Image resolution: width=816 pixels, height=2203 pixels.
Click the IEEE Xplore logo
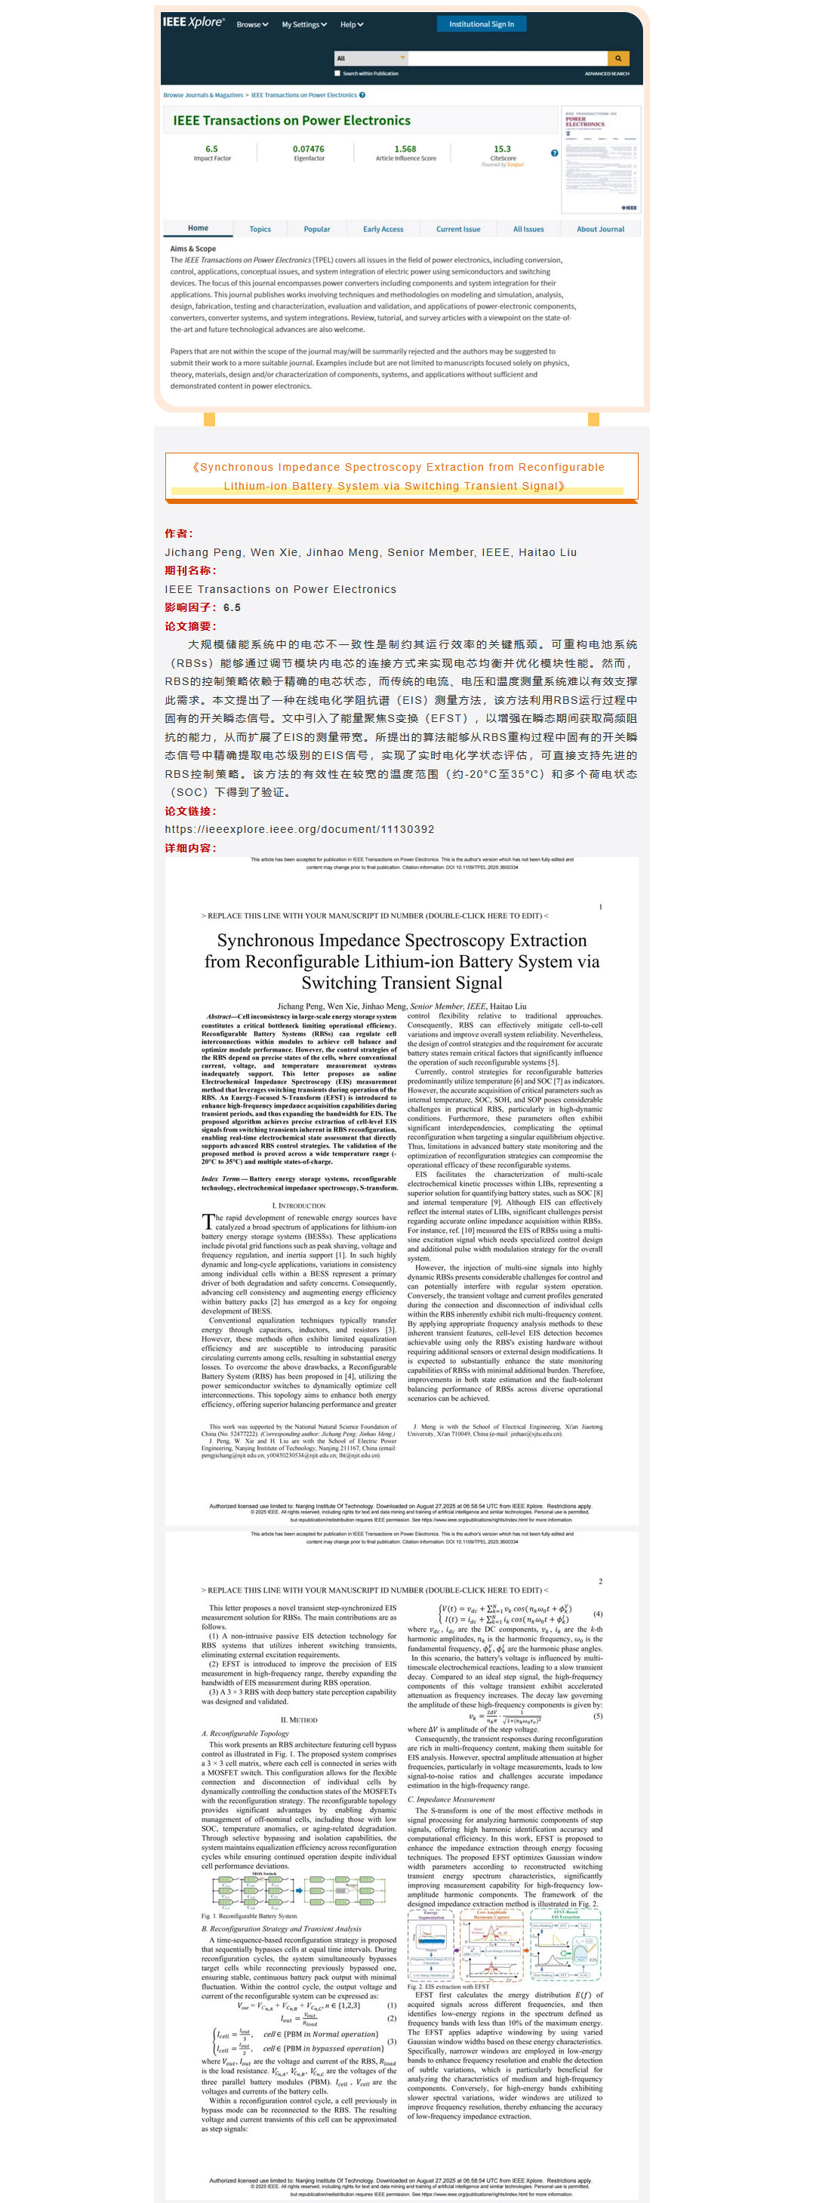pos(193,22)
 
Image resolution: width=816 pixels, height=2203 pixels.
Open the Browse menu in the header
pos(252,25)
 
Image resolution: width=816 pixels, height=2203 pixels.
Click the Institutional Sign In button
pos(482,24)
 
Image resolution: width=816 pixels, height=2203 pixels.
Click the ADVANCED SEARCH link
pos(606,73)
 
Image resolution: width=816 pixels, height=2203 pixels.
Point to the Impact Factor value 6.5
pos(211,149)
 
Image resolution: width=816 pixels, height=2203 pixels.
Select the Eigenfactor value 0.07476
pos(308,149)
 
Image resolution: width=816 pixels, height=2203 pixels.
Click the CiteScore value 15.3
pos(502,149)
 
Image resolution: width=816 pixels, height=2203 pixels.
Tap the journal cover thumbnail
pos(600,160)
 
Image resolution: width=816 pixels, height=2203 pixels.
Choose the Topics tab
pos(260,229)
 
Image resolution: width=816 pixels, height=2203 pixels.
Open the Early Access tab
pos(383,229)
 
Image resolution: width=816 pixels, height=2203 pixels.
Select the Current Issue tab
pos(457,229)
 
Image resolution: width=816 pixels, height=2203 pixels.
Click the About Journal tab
pos(599,229)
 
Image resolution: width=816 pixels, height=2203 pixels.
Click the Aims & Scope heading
pos(192,249)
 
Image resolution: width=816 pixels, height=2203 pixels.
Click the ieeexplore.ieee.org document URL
pos(300,830)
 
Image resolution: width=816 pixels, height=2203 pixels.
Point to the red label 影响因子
pos(190,608)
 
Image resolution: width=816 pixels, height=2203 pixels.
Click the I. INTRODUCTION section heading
pos(302,1206)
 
